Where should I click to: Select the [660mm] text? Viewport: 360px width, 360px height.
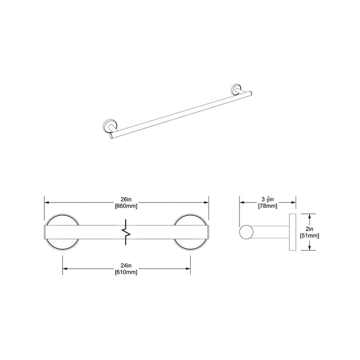126,206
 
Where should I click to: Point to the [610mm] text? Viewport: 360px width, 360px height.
126,272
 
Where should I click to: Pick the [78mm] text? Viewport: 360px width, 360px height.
266,206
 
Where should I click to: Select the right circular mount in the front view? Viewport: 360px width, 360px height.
191,232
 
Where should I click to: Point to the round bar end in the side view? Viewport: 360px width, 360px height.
246,233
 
